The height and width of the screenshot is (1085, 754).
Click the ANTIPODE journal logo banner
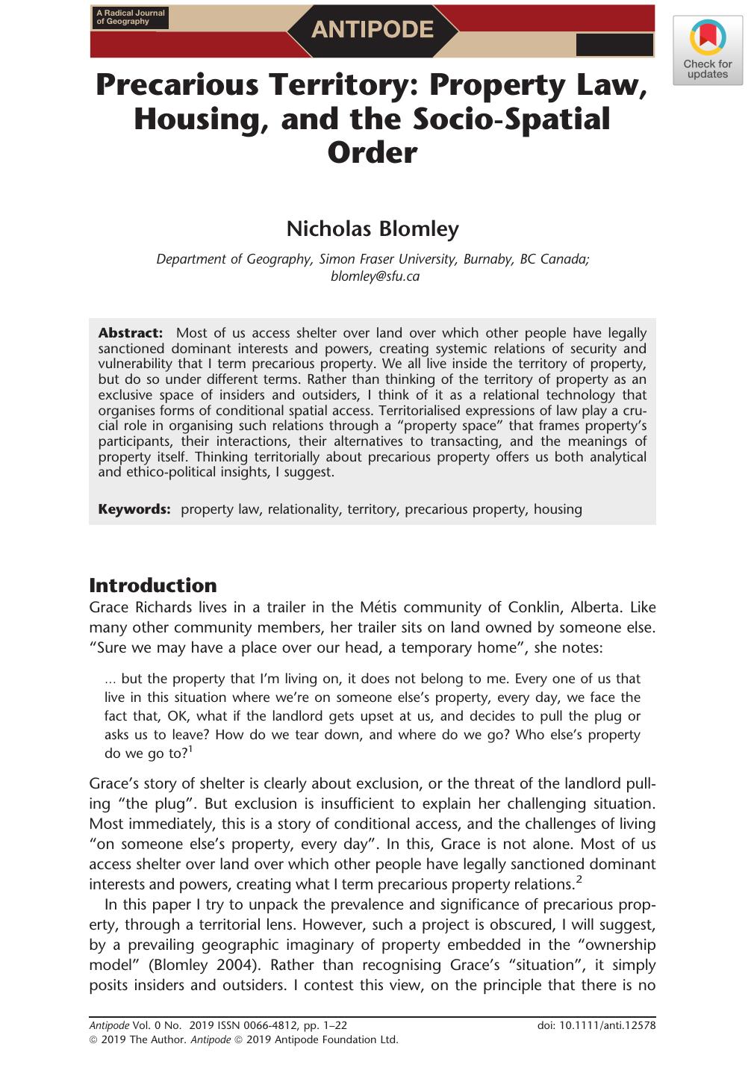coord(372,30)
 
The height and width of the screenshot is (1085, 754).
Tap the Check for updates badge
coord(707,51)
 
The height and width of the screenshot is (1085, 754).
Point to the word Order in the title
coord(372,152)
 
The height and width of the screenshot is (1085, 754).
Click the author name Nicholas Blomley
coord(372,228)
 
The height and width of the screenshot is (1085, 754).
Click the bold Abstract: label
coord(130,333)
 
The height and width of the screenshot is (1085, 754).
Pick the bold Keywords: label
coord(134,509)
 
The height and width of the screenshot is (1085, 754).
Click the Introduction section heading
coord(152,585)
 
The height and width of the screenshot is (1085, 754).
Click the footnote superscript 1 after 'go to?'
coord(190,749)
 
